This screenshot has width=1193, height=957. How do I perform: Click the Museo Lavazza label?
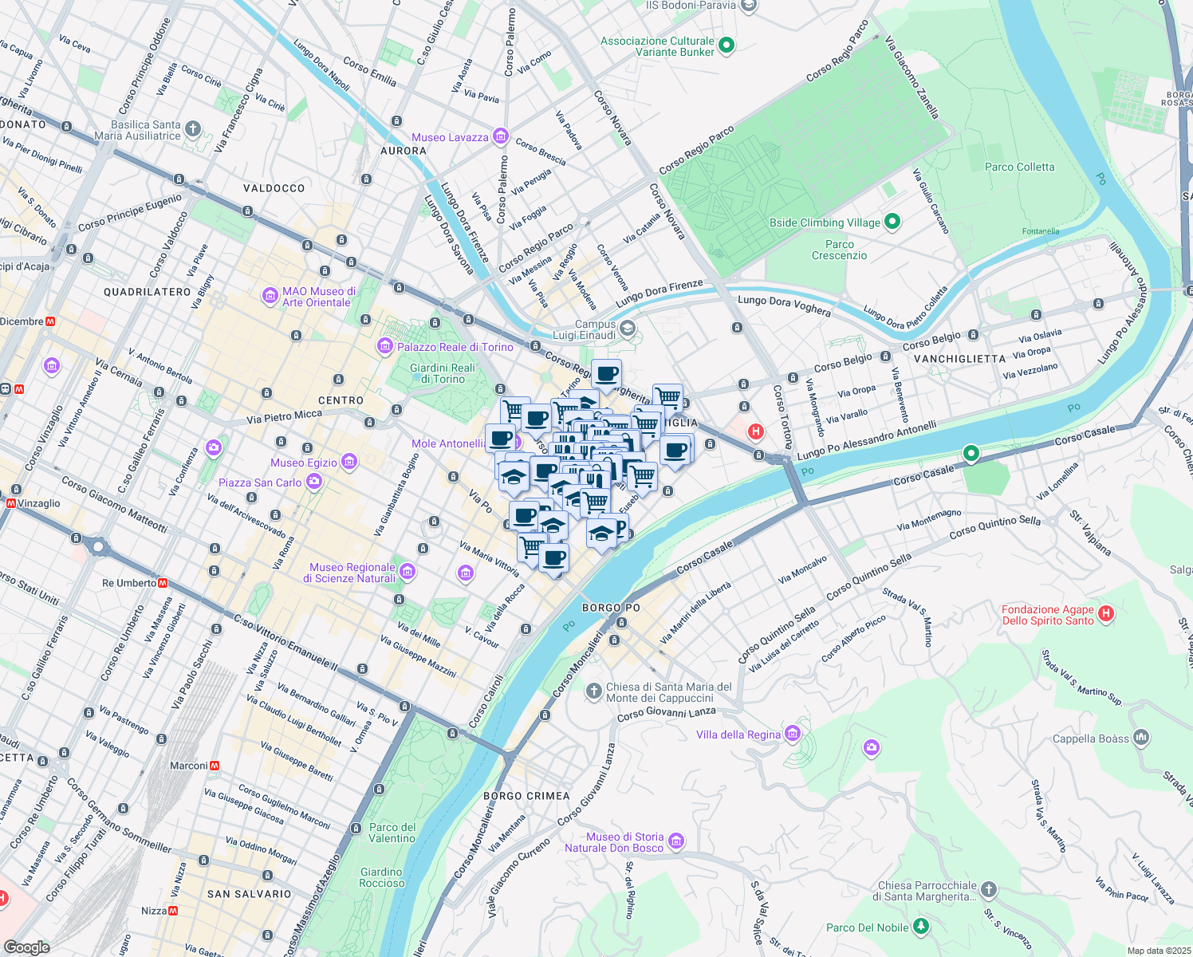(x=450, y=137)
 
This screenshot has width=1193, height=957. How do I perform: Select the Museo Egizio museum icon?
(x=348, y=462)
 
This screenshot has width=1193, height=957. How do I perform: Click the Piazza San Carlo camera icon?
(x=314, y=482)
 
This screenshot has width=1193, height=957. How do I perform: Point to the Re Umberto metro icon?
(x=163, y=583)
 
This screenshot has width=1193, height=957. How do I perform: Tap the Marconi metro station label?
(x=188, y=766)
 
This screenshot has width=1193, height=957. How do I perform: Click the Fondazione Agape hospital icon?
(x=1105, y=613)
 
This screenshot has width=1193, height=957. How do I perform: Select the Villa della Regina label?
(x=738, y=734)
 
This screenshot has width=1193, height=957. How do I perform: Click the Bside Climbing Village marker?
(x=892, y=222)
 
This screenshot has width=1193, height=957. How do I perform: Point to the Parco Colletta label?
(x=1019, y=167)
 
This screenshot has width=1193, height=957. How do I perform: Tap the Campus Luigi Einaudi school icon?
(x=628, y=329)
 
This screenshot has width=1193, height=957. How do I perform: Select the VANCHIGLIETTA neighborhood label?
(x=959, y=359)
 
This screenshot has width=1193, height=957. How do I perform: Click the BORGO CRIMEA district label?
(x=526, y=796)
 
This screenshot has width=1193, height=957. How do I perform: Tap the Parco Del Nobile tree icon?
(x=921, y=926)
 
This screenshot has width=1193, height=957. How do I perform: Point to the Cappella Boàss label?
(x=1090, y=738)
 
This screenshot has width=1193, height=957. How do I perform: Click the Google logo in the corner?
(x=26, y=947)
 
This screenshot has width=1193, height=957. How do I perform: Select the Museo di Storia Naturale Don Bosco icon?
(x=676, y=841)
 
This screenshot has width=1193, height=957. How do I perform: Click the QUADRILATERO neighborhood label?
(x=148, y=292)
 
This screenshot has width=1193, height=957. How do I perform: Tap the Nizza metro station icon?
(x=173, y=910)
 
